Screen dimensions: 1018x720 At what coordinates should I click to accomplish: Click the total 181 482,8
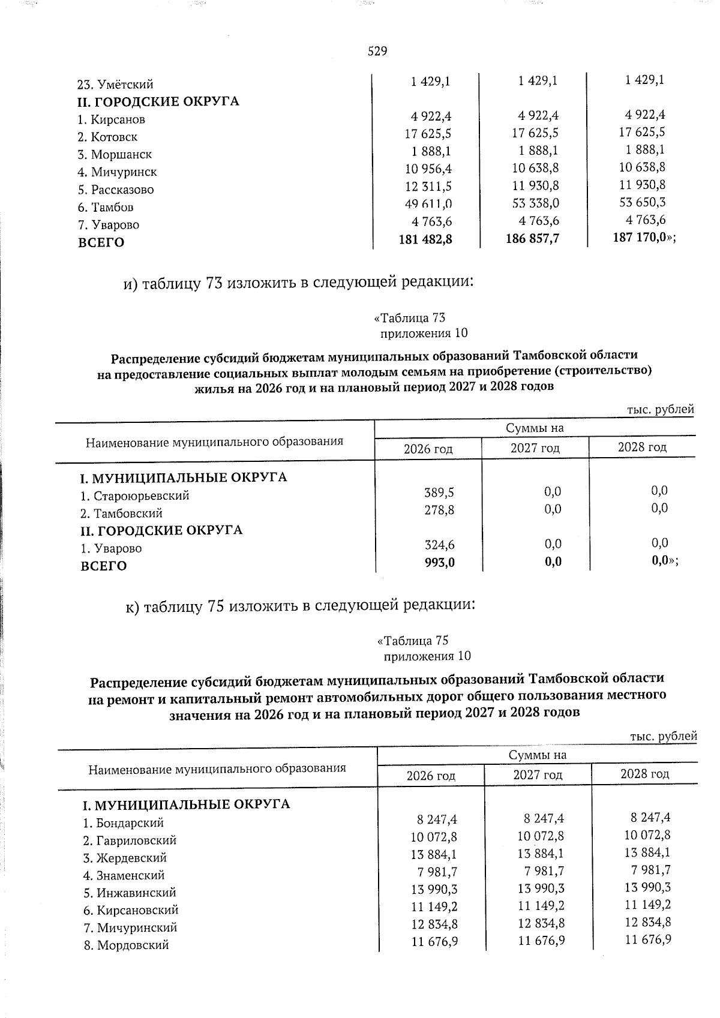pos(425,239)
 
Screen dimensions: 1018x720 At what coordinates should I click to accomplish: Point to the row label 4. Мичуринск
pos(118,172)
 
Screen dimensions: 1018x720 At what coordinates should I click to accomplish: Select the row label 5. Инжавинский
pos(130,893)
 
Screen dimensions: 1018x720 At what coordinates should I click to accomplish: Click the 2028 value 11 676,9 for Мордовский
pos(647,939)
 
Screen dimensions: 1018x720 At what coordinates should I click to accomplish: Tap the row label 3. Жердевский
pos(125,858)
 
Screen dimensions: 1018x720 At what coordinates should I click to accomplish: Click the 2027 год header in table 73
pos(535,448)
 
